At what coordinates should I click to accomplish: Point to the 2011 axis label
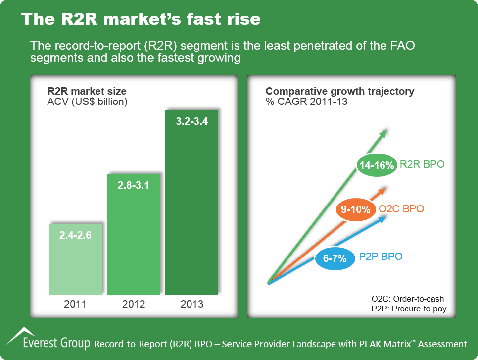75,304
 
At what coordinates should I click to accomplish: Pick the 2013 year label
191,304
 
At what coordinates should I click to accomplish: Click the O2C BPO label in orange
401,209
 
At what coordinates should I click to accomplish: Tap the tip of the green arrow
385,131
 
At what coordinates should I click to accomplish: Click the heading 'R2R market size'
87,91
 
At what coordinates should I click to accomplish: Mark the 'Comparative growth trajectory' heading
340,91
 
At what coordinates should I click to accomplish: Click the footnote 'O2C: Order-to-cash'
407,299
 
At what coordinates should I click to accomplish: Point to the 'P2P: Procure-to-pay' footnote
407,309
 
